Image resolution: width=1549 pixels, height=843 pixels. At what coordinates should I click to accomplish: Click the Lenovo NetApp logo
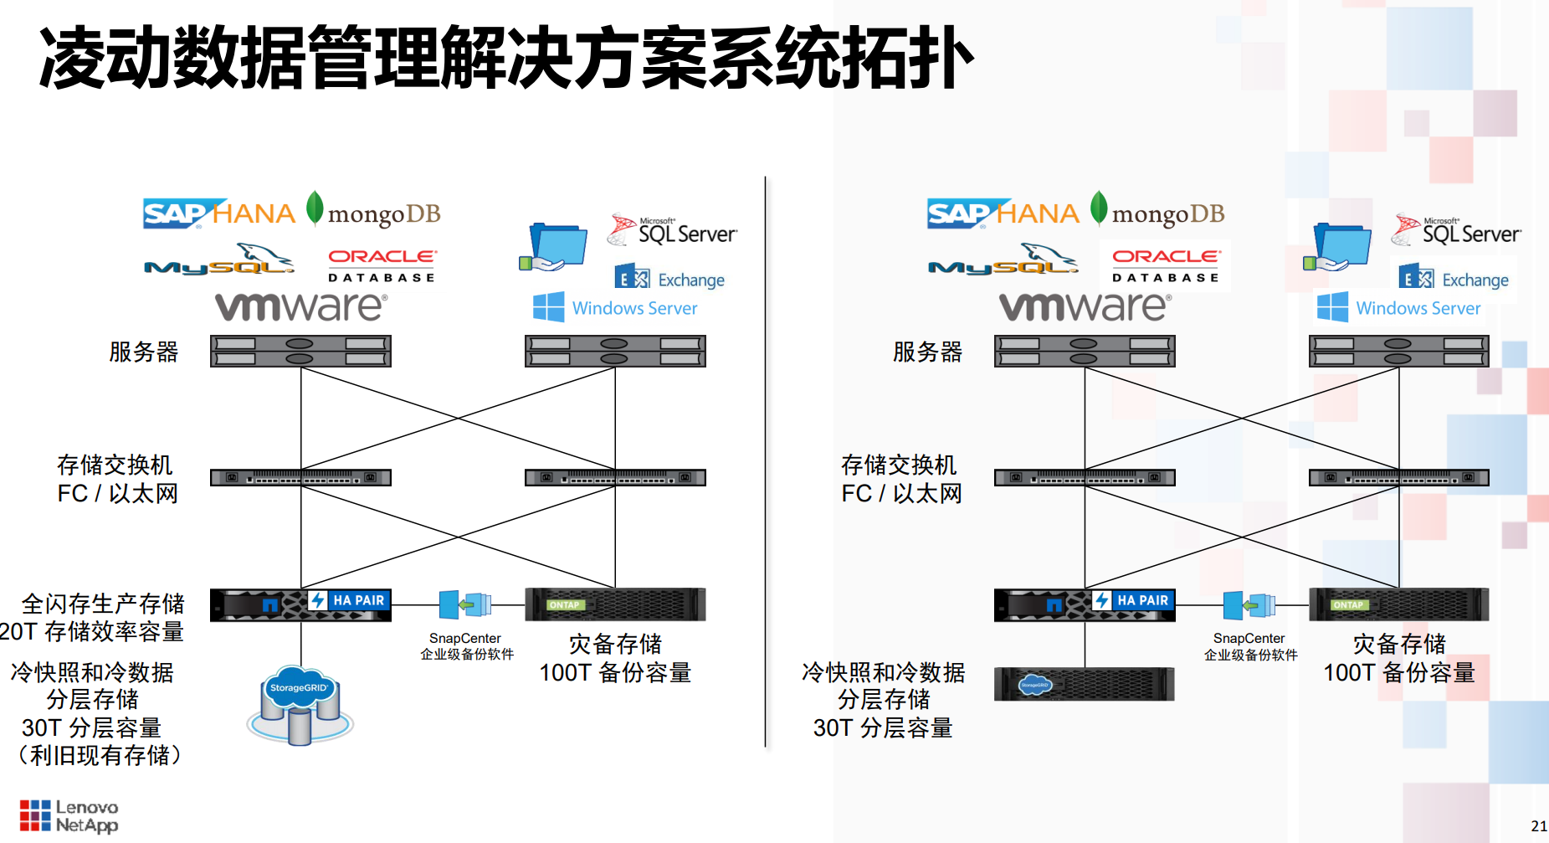(69, 816)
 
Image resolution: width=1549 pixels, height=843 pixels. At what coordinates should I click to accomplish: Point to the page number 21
(1538, 825)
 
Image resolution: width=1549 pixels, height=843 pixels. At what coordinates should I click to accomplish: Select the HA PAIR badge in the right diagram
(1133, 600)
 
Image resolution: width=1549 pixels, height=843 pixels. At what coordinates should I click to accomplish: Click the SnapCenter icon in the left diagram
(465, 604)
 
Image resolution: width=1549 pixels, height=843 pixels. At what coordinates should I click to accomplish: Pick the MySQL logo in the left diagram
(219, 260)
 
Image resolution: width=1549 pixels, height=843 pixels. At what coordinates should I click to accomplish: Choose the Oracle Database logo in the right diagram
(1166, 265)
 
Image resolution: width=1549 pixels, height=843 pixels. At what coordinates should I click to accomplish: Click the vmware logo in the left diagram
(301, 307)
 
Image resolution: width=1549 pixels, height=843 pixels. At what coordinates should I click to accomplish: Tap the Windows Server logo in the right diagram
(1399, 307)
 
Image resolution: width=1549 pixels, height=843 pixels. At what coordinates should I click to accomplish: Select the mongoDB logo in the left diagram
(373, 212)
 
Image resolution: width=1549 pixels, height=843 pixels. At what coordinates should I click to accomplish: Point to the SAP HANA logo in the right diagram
(1003, 213)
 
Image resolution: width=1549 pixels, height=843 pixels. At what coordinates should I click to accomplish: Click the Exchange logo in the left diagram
(670, 278)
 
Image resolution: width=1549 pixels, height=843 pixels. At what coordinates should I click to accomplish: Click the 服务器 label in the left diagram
(144, 352)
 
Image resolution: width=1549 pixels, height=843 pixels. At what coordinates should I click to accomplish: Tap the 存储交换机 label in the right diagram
(899, 465)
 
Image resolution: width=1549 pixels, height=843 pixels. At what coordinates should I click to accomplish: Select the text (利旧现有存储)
(100, 755)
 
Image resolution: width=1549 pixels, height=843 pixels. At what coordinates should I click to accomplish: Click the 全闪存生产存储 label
(103, 604)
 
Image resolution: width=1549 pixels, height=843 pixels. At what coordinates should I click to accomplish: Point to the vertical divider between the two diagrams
(765, 460)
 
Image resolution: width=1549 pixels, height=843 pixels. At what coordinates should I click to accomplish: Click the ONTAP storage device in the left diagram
(615, 604)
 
